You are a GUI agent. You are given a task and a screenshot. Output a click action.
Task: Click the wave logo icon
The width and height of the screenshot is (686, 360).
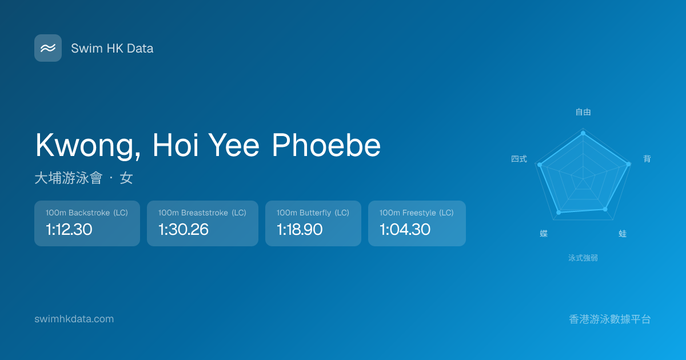pyautogui.click(x=48, y=48)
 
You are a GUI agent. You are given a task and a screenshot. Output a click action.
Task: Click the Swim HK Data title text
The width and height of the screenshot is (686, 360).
pyautogui.click(x=112, y=49)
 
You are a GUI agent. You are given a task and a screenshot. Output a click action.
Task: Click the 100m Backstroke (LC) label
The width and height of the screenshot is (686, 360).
pyautogui.click(x=87, y=213)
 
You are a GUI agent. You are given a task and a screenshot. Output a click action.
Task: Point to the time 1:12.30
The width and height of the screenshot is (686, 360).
pyautogui.click(x=69, y=229)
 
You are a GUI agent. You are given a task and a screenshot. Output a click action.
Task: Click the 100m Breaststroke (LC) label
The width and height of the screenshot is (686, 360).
pyautogui.click(x=202, y=213)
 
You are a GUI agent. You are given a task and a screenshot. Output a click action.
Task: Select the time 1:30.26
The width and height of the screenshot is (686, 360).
pyautogui.click(x=184, y=229)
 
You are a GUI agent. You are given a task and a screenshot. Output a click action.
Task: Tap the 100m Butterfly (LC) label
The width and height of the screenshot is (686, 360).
pyautogui.click(x=313, y=213)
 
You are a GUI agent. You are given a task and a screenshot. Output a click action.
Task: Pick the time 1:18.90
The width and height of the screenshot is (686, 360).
pyautogui.click(x=300, y=229)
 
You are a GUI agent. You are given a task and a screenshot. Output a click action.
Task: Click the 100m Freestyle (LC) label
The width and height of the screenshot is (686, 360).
pyautogui.click(x=417, y=213)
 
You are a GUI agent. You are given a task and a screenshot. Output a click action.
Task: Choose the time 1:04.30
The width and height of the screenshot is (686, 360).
pyautogui.click(x=405, y=229)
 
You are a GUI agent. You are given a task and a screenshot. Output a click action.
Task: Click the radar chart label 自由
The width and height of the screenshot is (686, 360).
pyautogui.click(x=583, y=112)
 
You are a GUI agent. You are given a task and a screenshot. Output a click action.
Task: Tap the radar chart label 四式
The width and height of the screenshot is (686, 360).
pyautogui.click(x=519, y=159)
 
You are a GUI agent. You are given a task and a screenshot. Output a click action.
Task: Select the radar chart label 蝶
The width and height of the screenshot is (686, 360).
pyautogui.click(x=544, y=234)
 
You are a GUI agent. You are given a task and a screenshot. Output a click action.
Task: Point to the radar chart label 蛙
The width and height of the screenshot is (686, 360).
pyautogui.click(x=623, y=234)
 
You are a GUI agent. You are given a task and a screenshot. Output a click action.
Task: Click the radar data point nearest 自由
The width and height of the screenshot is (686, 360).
pyautogui.click(x=583, y=133)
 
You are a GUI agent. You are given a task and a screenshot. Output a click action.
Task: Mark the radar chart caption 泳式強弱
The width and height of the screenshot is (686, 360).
pyautogui.click(x=583, y=258)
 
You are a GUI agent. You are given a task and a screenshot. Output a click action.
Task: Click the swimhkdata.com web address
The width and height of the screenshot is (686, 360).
pyautogui.click(x=74, y=319)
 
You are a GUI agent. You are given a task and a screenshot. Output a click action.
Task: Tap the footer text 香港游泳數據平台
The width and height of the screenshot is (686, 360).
pyautogui.click(x=610, y=319)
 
